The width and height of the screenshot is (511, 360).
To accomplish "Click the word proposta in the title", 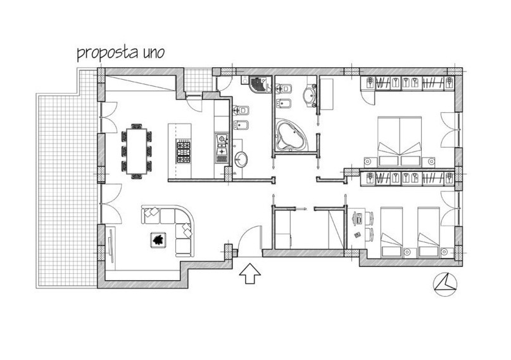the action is (108, 54).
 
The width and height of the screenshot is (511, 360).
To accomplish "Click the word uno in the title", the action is (153, 53).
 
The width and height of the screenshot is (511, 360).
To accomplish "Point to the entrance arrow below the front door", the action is (250, 273).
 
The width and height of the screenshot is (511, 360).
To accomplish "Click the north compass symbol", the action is (445, 285).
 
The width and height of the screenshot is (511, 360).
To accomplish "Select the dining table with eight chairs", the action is (137, 151).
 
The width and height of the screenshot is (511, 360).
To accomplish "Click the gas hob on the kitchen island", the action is (184, 151).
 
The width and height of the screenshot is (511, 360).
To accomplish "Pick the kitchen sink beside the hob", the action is (222, 149).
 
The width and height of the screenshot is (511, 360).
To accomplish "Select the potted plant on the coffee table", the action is (159, 240).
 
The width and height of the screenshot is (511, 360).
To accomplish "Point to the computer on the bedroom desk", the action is (358, 217).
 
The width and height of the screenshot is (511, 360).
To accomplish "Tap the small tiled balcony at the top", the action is (198, 80).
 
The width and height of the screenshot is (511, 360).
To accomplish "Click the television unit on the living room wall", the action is (111, 246).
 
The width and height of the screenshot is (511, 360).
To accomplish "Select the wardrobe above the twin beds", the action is (407, 179).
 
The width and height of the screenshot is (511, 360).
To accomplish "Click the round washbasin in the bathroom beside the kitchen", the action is (241, 159).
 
